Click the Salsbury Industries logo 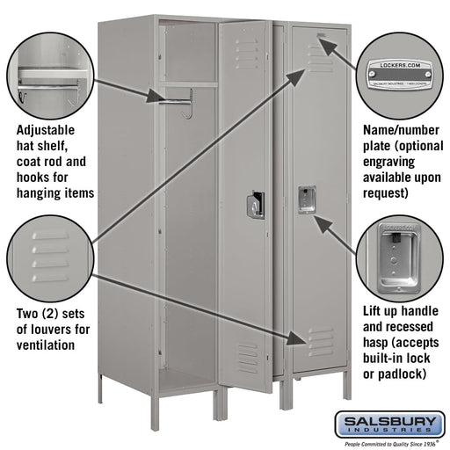[394, 426]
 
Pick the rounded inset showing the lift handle [400, 253]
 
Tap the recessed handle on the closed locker [307, 199]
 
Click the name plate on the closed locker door [322, 37]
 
